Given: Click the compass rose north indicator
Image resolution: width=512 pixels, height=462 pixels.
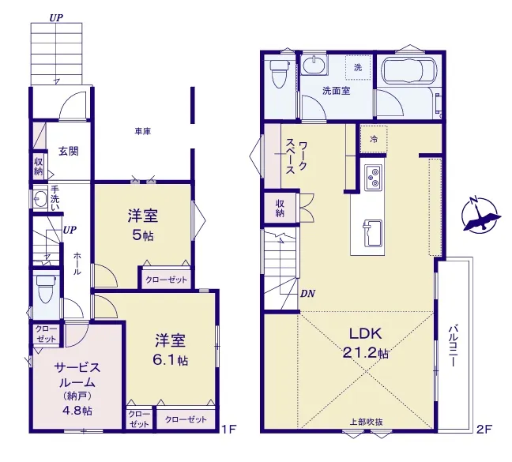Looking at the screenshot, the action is click(481, 215).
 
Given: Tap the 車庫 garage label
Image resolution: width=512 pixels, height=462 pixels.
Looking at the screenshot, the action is click(143, 131).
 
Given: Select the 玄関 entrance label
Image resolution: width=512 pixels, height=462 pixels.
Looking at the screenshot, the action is click(69, 152).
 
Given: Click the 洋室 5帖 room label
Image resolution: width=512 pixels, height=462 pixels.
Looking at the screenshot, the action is click(143, 225).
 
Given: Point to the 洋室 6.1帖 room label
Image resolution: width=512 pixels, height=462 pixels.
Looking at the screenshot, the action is click(171, 349).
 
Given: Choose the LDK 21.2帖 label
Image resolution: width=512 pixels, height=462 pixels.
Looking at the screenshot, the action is click(366, 343).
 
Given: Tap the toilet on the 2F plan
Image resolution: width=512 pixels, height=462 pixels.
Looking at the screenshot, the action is click(280, 74).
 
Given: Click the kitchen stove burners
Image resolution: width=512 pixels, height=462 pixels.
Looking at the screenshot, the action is click(374, 178).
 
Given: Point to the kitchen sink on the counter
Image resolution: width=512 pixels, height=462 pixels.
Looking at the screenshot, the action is click(373, 233).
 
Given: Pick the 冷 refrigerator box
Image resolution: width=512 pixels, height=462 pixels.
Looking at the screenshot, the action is click(374, 139).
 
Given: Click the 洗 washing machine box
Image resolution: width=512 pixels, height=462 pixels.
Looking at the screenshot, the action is click(358, 68).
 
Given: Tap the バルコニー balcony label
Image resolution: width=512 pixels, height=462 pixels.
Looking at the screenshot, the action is click(453, 346).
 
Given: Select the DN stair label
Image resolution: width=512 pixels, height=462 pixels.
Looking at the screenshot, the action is click(307, 294).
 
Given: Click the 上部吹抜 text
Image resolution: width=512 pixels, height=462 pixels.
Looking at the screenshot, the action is click(366, 422).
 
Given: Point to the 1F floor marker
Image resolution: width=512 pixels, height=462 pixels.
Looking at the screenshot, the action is click(228, 429).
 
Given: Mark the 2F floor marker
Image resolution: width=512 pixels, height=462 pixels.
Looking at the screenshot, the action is click(484, 429).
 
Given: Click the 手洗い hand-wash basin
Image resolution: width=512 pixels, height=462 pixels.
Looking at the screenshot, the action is click(40, 199).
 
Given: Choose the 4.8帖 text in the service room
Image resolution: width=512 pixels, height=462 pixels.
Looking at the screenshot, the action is click(77, 411).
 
